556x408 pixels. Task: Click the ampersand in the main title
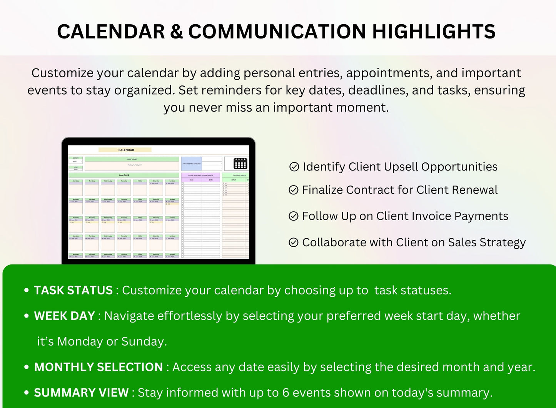point(177,32)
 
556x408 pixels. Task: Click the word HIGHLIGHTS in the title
point(434,32)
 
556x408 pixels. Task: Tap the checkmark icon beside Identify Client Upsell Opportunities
point(294,167)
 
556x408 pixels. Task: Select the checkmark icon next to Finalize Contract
point(294,190)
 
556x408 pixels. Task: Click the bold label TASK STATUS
point(73,290)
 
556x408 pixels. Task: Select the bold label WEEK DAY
point(64,316)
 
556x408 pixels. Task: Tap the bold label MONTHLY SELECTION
point(99,367)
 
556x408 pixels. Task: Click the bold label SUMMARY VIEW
point(81,393)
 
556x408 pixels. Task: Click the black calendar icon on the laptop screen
point(240,164)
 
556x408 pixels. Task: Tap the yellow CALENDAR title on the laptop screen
point(125,150)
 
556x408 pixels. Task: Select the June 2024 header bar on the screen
point(124,176)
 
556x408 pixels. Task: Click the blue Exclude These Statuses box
point(191,164)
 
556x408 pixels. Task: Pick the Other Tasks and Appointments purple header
point(200,175)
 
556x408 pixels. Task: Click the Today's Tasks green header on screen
point(132,159)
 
